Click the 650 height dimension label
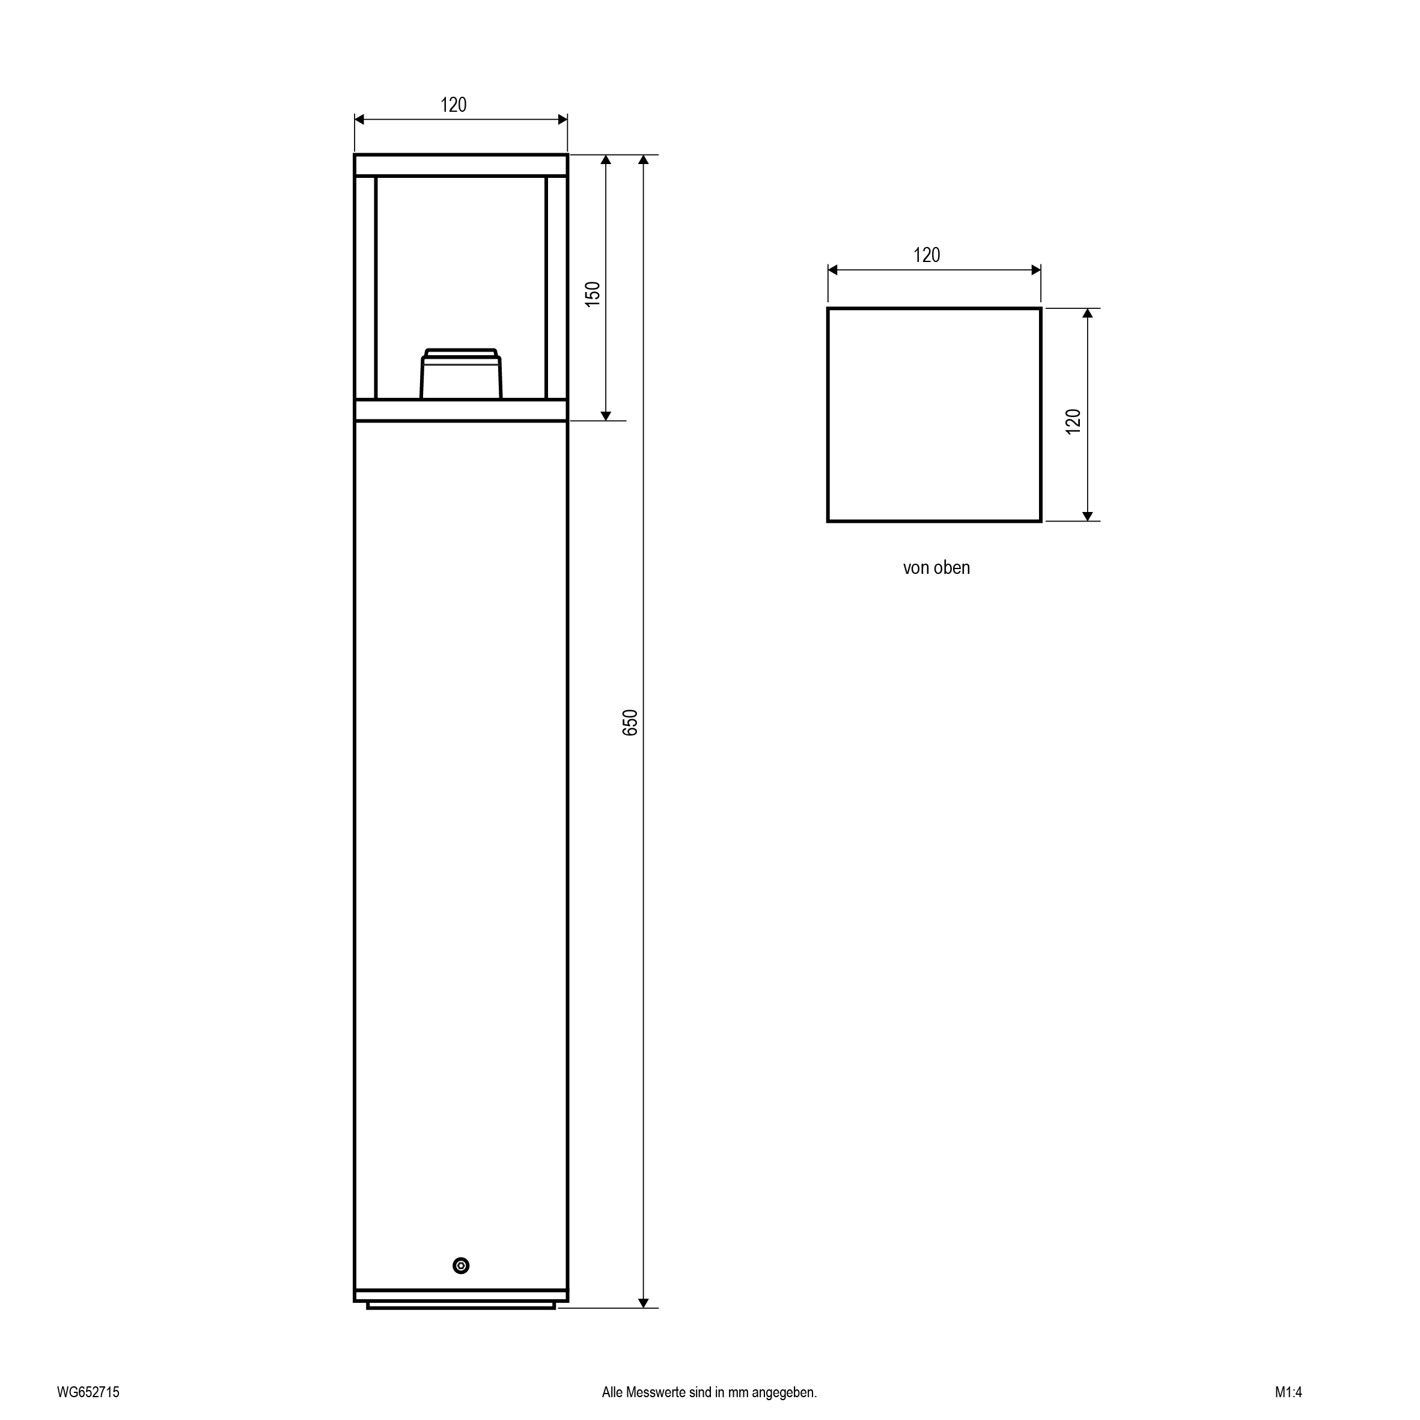tap(630, 724)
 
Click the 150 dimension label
tap(593, 294)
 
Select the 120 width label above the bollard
tap(454, 105)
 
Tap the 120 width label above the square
tap(927, 255)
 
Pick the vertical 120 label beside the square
tap(1073, 421)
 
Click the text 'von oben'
tap(936, 567)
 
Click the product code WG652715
tap(88, 1392)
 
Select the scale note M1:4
tap(1288, 1392)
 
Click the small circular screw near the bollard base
tap(461, 1266)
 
